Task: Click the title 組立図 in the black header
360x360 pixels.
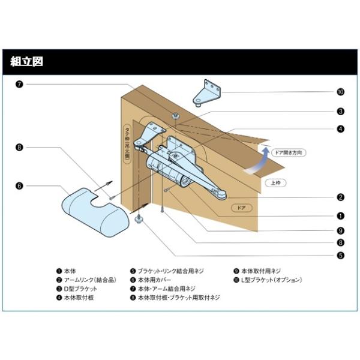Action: tap(26, 61)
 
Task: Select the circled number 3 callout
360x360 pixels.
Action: tap(340, 111)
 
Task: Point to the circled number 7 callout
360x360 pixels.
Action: tap(20, 84)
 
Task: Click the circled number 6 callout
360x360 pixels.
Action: tap(20, 186)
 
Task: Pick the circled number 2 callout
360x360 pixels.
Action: tap(340, 197)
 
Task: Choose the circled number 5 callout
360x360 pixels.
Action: tap(340, 255)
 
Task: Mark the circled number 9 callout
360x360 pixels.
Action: tap(340, 230)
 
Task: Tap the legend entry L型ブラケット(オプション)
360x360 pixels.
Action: tap(268, 280)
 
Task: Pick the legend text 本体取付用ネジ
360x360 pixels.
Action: tap(260, 271)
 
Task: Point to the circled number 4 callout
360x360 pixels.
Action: tap(340, 128)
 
